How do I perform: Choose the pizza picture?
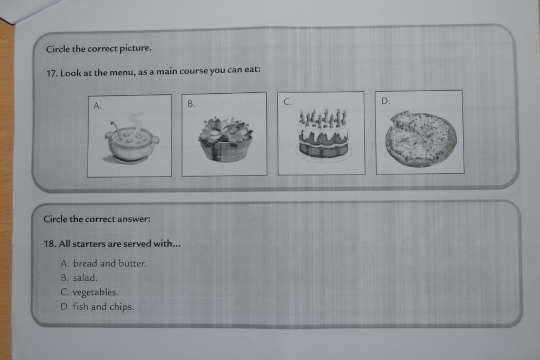click(420, 139)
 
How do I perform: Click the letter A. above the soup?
click(97, 105)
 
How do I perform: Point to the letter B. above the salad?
click(191, 104)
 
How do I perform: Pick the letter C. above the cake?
click(287, 102)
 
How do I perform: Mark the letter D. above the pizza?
click(385, 101)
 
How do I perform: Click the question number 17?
click(52, 73)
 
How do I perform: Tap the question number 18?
click(50, 244)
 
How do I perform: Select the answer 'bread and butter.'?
click(110, 264)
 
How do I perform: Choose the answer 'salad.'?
click(85, 278)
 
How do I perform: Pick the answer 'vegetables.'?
click(95, 293)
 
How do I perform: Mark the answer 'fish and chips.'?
click(103, 307)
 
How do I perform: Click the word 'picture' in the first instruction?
click(136, 48)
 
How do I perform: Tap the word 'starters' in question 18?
click(89, 244)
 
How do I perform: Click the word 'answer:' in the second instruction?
click(133, 219)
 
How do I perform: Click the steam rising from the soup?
click(136, 121)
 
